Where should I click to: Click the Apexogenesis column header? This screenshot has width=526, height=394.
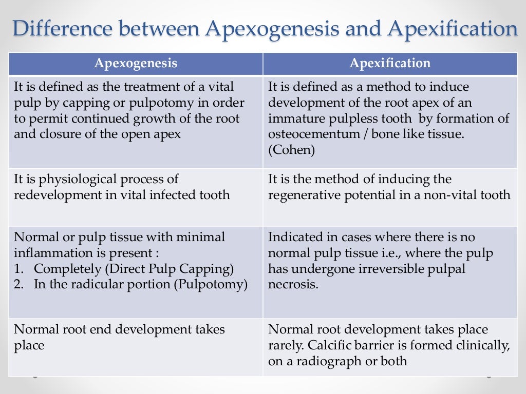coord(136,64)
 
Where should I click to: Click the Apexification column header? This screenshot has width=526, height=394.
coord(390,64)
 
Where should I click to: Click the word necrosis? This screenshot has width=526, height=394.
coord(293,285)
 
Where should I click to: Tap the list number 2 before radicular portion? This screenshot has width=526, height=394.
coord(19,285)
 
